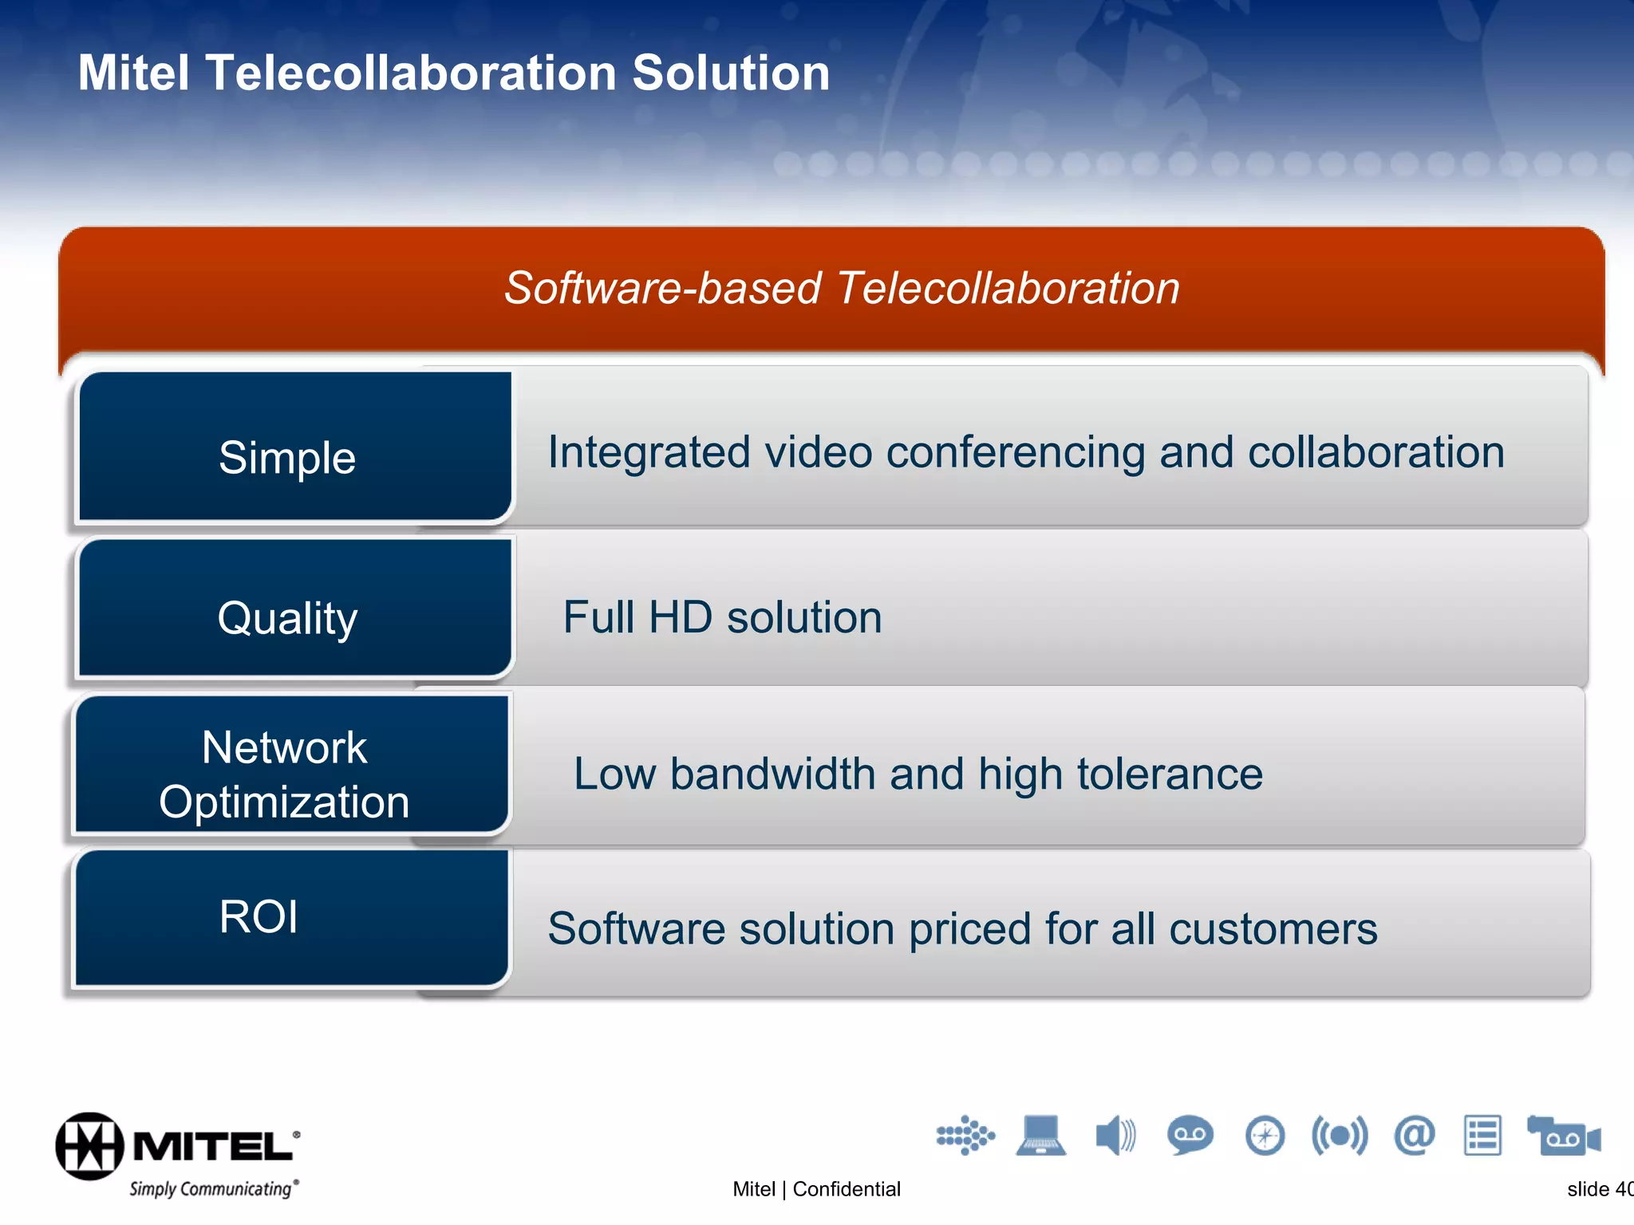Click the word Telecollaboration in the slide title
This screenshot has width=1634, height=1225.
pos(411,73)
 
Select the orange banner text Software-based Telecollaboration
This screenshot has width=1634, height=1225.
pos(842,288)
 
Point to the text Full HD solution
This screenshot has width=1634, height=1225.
pos(722,618)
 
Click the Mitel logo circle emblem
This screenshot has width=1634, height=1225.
pos(89,1146)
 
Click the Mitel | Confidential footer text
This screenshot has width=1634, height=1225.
pos(816,1189)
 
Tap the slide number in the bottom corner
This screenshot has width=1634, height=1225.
pos(1599,1189)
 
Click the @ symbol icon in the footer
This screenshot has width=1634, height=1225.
pos(1414,1136)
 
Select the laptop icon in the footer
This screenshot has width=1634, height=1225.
pos(1041,1136)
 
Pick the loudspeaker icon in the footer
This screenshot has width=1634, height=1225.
pos(1115,1136)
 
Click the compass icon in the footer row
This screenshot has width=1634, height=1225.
pos(1265,1136)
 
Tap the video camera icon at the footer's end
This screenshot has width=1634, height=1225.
pos(1563,1136)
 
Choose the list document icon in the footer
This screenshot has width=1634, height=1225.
pos(1482,1136)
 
